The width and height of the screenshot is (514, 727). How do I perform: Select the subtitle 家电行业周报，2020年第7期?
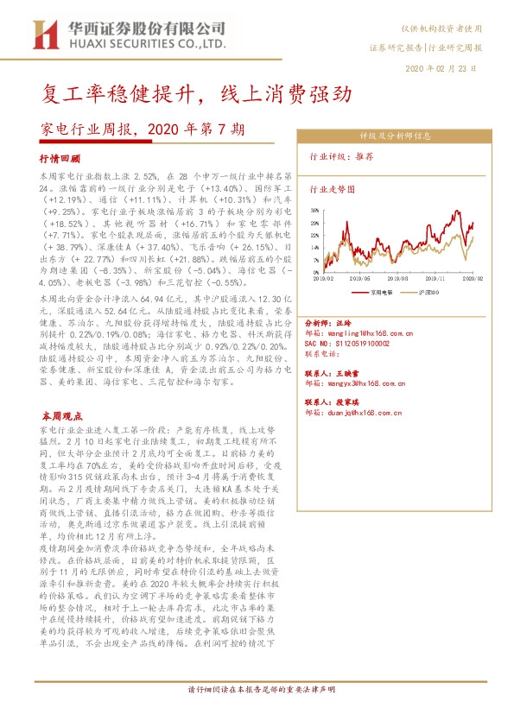[143, 130]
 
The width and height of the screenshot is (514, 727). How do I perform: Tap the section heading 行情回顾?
[60, 160]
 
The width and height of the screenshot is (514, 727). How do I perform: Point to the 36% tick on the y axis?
[314, 210]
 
